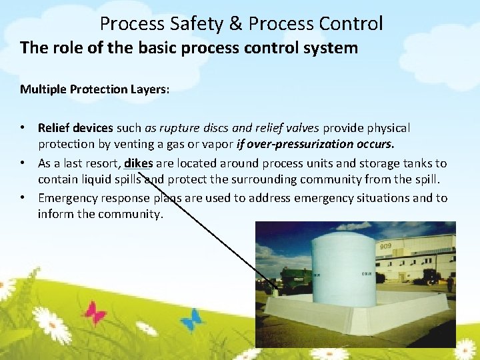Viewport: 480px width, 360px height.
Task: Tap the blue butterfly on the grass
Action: tap(191, 319)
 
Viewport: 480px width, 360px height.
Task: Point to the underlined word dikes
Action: tap(139, 163)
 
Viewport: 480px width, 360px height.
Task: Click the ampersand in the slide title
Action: tap(235, 24)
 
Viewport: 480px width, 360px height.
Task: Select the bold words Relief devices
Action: tap(76, 127)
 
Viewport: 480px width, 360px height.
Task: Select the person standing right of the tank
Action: tap(450, 283)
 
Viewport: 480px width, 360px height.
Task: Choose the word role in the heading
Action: tap(67, 48)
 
